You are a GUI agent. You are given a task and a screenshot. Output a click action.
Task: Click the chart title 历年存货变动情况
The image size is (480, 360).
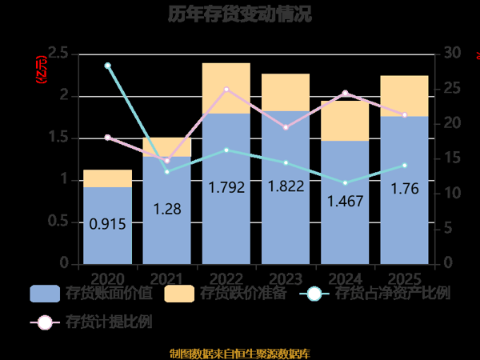click(240, 14)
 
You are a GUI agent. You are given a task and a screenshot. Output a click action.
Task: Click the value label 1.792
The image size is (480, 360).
click(226, 189)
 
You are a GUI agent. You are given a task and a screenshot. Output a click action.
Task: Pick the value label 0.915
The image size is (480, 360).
click(107, 225)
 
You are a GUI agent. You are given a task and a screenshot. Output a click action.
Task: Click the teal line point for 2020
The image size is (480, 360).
click(107, 66)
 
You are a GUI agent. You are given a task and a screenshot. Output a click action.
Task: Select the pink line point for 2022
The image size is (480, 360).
click(226, 89)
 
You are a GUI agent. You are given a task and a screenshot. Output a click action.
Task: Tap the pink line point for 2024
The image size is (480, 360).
click(345, 93)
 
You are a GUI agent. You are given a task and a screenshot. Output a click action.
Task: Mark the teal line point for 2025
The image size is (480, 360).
click(404, 166)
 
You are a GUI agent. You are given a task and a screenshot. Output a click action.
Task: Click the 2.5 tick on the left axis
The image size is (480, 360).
click(58, 54)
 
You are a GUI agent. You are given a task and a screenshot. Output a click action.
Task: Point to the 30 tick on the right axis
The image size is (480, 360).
click(452, 54)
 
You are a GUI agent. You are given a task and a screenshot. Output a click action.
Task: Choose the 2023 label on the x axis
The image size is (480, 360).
click(286, 277)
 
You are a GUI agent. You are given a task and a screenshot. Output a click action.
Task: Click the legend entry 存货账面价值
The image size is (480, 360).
click(91, 294)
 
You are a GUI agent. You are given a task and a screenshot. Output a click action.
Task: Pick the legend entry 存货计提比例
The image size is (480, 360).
click(91, 323)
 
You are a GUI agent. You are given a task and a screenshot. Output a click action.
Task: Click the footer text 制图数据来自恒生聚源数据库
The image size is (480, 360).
click(240, 353)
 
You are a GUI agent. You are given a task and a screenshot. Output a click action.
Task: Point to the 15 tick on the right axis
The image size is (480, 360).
click(452, 158)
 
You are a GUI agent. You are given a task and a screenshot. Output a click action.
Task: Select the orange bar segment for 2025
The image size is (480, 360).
click(404, 95)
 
